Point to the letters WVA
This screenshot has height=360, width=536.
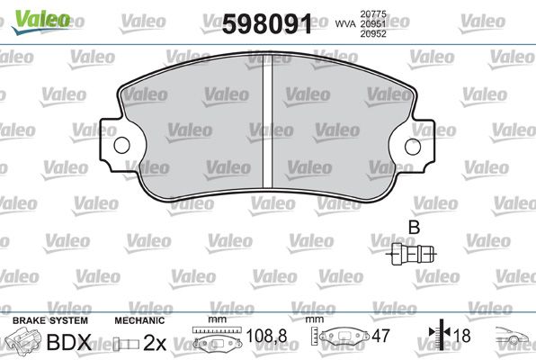pos(341,25)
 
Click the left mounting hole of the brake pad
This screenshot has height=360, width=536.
pos(116,147)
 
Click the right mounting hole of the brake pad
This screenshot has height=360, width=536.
pos(415,147)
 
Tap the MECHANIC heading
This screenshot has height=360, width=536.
pos(139,320)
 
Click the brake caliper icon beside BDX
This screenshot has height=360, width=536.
pos(25,343)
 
